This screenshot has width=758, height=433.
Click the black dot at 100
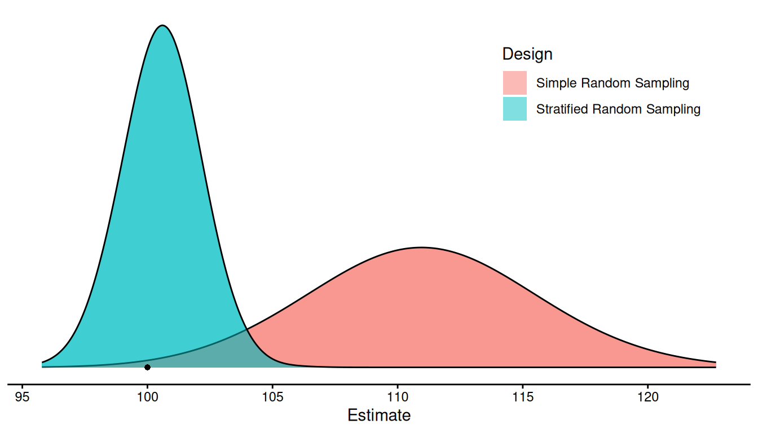pos(147,367)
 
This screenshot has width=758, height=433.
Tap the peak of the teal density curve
pos(162,25)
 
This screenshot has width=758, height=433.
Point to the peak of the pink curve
pos(421,248)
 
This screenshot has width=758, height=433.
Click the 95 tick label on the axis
pos(23,397)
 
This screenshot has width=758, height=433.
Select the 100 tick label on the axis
pos(147,397)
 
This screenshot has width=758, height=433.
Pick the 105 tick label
pos(272,397)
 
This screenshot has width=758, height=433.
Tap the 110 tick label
pos(398,397)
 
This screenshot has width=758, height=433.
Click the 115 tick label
pos(523,397)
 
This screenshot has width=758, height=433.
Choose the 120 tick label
pos(647,397)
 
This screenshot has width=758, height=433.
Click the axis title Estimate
pos(379,416)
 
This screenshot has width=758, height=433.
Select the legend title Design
pos(527,54)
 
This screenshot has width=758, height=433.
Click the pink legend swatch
pos(514,83)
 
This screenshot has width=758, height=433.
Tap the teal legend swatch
pos(514,109)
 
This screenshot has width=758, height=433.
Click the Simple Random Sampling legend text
pos(612,83)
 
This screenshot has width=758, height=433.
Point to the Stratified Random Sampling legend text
pos(618,109)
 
